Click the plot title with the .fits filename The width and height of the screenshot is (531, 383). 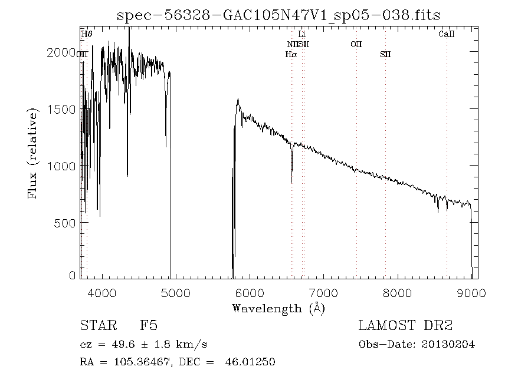[x=278, y=15]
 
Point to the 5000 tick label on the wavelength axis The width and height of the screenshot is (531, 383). [x=176, y=292]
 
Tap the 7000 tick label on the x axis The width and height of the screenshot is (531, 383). [x=324, y=292]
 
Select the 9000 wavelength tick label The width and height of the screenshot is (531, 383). [x=471, y=292]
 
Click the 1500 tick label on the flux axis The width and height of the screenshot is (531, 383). [x=61, y=110]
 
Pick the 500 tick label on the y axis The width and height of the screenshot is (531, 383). [x=65, y=223]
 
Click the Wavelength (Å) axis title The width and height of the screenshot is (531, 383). [x=278, y=308]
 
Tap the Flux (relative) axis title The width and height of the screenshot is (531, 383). [x=33, y=152]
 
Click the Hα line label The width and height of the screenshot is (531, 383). [x=291, y=54]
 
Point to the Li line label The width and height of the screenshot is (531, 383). [x=302, y=35]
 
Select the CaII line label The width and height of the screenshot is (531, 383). [x=447, y=35]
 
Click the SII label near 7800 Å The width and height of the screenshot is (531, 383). [x=385, y=54]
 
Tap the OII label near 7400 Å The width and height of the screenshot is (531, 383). [x=356, y=44]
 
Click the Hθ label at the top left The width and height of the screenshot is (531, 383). [x=87, y=35]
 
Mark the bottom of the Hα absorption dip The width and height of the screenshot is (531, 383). [x=292, y=182]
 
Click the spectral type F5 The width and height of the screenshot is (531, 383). [x=148, y=325]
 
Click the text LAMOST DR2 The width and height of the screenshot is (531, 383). [x=405, y=325]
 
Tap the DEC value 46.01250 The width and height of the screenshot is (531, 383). [x=250, y=362]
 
